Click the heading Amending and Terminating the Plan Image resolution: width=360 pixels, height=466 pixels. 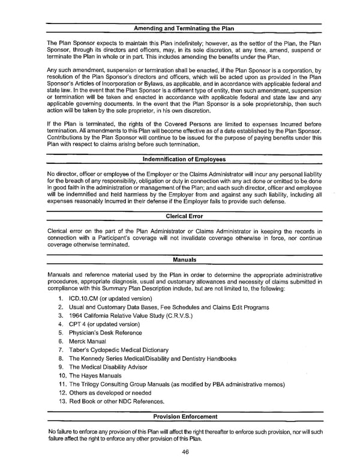point(184,28)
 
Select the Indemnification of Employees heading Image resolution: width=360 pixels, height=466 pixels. point(184,159)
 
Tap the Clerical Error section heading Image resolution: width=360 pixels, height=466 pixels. point(184,216)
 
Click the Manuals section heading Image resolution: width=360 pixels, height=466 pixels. point(184,259)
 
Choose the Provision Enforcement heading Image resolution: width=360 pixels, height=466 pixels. point(184,416)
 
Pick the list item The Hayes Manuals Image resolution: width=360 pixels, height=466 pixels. point(95,375)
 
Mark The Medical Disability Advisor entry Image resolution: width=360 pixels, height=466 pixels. point(107,367)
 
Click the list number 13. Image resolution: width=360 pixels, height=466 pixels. point(62,401)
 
